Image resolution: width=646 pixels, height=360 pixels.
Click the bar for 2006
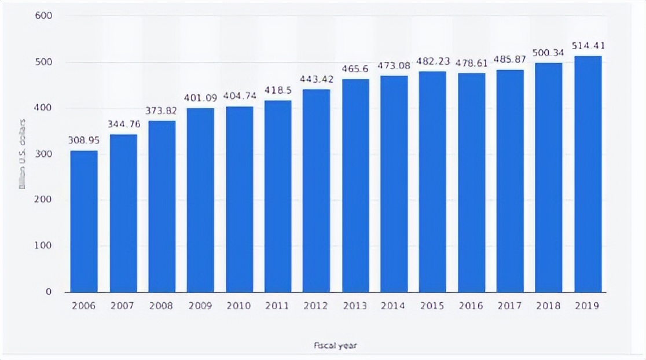tap(84, 221)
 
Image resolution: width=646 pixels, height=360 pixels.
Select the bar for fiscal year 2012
tap(317, 190)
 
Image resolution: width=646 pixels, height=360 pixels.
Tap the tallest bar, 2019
tap(588, 174)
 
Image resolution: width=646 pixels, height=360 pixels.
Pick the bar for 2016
tap(472, 182)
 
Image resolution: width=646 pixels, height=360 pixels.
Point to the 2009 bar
tap(200, 200)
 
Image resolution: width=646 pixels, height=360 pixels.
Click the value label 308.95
tap(84, 141)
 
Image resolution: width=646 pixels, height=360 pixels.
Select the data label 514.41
tap(588, 46)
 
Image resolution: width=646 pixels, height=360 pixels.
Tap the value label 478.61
tap(472, 63)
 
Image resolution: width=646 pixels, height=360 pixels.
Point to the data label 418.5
tap(278, 91)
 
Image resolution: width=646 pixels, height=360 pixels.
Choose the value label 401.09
tap(200, 98)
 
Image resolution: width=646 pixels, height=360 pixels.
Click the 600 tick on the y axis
tap(45, 16)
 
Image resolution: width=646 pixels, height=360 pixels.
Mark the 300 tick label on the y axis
tap(45, 154)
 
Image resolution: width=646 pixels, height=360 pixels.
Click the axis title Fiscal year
tap(336, 346)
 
